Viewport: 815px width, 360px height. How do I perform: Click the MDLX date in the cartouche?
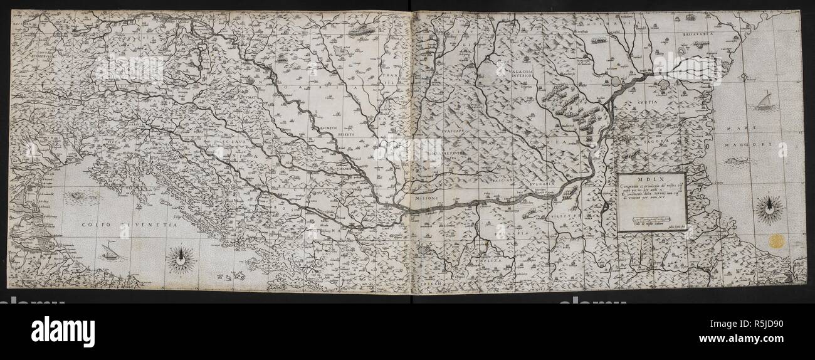(x=651, y=177)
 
